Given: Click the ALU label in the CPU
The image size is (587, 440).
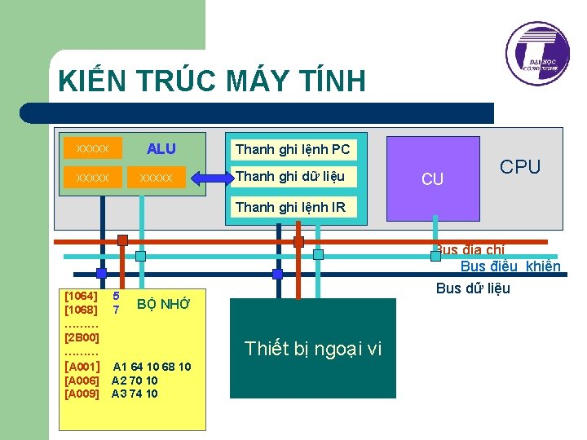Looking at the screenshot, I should tap(161, 148).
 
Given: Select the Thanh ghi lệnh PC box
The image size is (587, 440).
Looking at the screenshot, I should tap(293, 149).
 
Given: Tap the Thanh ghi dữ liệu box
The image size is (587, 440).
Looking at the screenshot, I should tap(290, 176).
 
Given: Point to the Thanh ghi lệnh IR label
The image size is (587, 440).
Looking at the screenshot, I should tap(290, 207).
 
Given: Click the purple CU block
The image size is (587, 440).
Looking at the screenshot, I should tap(432, 179).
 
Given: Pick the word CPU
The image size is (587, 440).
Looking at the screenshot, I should tap(520, 167).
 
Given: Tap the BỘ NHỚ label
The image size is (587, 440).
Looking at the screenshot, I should tap(163, 305).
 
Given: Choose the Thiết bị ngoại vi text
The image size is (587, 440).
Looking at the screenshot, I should tap(313, 349).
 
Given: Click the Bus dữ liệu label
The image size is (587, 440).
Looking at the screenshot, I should tap(473, 288).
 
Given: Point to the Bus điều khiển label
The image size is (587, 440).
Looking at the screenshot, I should tap(510, 266).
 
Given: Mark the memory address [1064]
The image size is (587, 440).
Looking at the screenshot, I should tap(81, 297).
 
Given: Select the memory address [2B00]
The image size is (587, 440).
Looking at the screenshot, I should tap(82, 337).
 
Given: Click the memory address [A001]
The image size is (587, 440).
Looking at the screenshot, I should tap(82, 367).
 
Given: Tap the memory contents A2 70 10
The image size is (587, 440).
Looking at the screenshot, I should tap(135, 381).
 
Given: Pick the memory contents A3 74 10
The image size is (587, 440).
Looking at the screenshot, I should tap(135, 394).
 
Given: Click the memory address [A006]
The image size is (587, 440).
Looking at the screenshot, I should tap(82, 381).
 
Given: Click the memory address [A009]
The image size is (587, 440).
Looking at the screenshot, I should tap(82, 394).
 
